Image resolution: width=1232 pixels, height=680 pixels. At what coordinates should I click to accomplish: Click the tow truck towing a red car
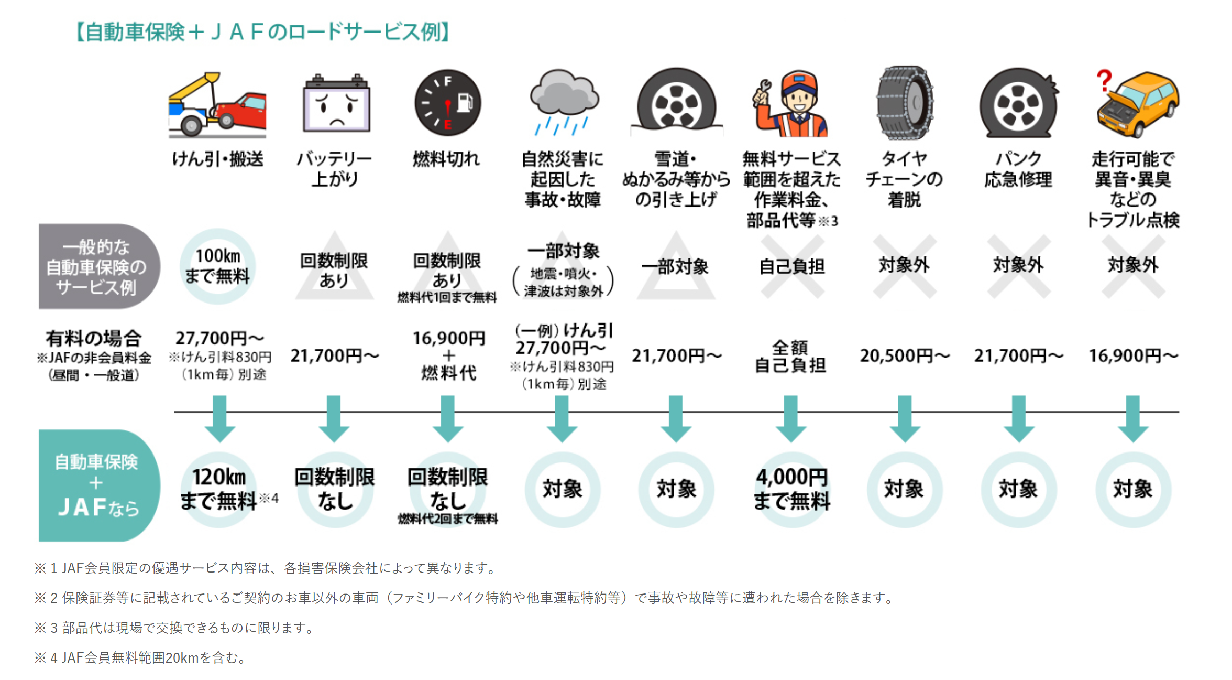pos(217,105)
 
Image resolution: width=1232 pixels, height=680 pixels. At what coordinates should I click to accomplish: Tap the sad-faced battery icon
pos(336,103)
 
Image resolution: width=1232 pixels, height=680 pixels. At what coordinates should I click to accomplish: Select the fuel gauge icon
pos(447,103)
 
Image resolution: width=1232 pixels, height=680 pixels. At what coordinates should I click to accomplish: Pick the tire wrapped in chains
pos(905,103)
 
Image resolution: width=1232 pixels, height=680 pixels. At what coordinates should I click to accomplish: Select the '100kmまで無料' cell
pos(217,266)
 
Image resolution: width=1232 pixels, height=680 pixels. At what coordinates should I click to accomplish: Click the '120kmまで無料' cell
pos(218,489)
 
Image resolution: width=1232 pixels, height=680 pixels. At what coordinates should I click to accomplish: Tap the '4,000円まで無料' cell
pos(791,489)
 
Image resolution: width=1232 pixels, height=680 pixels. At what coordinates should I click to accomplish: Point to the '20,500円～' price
pos(905,356)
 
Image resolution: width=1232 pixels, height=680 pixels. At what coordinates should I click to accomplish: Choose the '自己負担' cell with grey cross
pos(792,266)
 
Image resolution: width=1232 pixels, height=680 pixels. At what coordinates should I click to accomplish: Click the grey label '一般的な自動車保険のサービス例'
pos(99,266)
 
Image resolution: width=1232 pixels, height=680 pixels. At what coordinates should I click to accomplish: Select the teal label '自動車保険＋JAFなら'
pos(99,485)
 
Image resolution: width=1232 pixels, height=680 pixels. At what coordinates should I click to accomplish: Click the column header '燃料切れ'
pos(446,158)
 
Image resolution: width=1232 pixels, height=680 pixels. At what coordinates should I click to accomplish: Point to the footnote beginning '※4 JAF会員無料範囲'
pos(140,657)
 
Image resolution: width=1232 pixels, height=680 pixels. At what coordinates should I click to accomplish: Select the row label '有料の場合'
pos(93,338)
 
